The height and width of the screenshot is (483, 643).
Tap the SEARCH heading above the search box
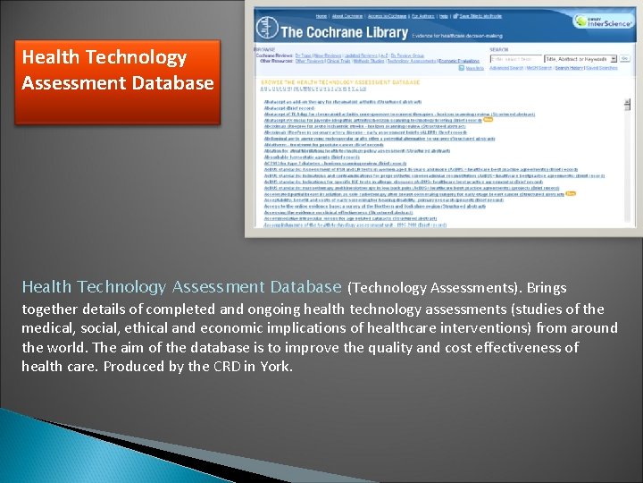click(x=499, y=49)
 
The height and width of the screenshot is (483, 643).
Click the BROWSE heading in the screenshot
click(x=264, y=50)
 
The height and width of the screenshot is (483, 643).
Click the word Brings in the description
click(x=547, y=288)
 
